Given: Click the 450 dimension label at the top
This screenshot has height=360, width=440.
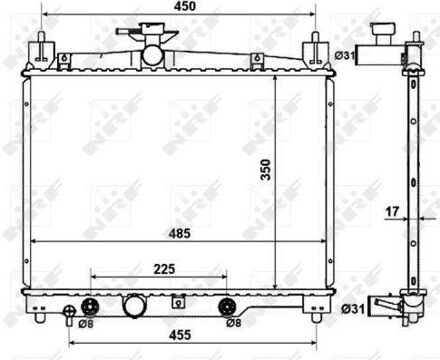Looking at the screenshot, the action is tap(184, 6).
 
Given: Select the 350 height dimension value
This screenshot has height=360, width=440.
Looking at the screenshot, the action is tap(266, 170).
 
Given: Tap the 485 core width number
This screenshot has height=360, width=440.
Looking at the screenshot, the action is tap(180, 233).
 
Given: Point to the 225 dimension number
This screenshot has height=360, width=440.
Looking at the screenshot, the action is tap(164, 269).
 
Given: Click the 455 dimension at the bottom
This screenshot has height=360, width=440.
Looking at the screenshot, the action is tap(181, 335).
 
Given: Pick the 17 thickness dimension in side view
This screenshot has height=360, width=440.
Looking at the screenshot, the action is tap(392, 211).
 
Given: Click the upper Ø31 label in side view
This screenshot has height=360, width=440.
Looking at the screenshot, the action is tap(345, 55).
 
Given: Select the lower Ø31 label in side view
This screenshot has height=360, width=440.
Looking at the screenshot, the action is tap(353, 309).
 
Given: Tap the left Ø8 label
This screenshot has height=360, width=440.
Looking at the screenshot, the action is tap(86, 324).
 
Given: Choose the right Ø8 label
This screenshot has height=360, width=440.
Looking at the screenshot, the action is tap(234, 323).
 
